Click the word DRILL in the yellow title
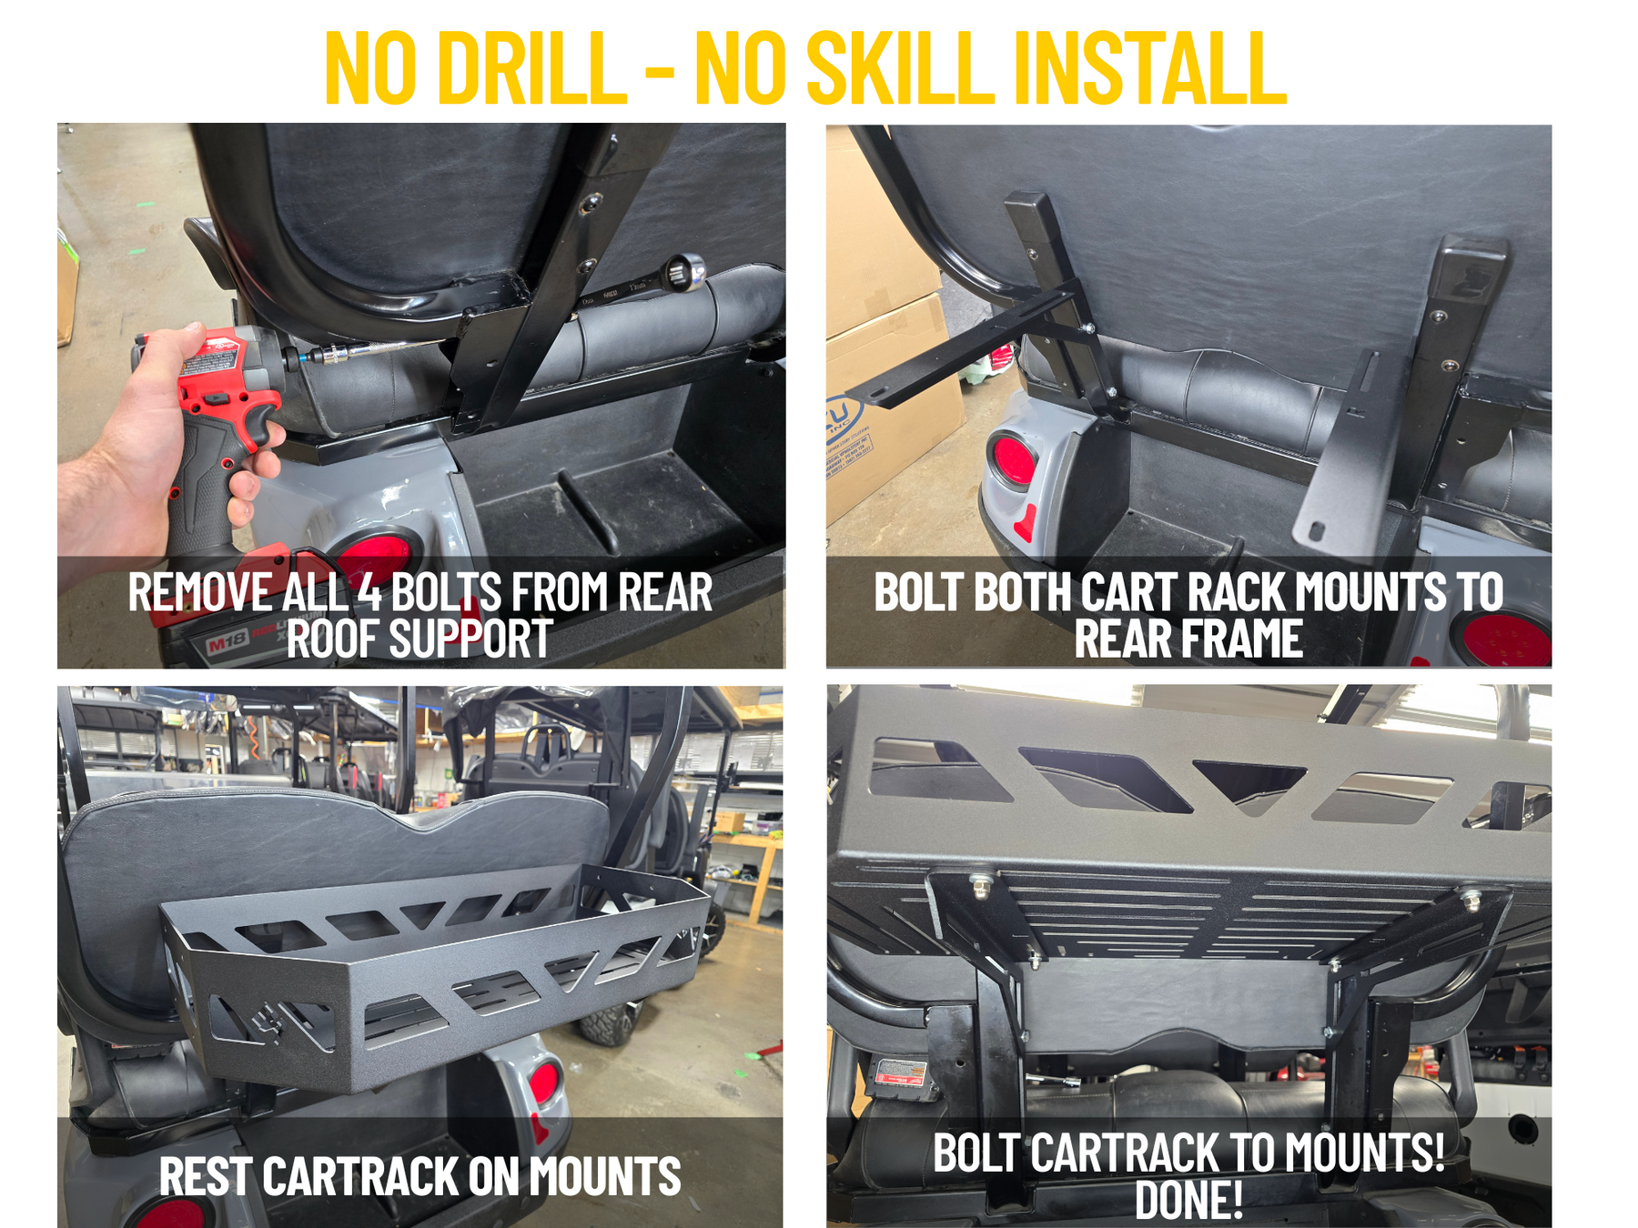(532, 68)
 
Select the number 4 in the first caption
(369, 593)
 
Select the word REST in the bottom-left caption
(205, 1176)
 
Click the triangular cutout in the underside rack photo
(1249, 782)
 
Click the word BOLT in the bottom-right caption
(976, 1153)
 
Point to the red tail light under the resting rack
(543, 1082)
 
